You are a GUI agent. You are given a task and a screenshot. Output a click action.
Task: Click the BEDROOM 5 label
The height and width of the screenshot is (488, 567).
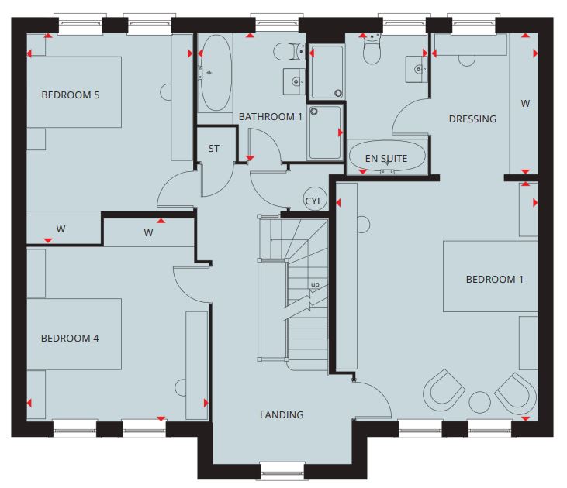tap(71, 95)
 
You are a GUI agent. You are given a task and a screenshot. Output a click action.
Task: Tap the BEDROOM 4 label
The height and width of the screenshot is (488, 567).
tap(70, 338)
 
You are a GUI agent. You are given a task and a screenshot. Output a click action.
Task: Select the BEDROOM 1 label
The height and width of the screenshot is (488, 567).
tap(494, 279)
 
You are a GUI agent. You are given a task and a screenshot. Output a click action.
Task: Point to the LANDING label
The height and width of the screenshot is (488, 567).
tap(282, 414)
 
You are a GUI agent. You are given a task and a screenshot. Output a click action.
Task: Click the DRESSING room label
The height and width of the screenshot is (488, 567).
tap(472, 119)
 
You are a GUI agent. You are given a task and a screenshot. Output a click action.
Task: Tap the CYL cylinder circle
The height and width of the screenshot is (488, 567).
tap(315, 199)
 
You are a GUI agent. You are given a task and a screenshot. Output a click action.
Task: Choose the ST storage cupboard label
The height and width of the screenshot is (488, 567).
tap(214, 149)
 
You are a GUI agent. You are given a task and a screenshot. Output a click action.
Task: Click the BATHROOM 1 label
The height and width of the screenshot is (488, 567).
tap(270, 117)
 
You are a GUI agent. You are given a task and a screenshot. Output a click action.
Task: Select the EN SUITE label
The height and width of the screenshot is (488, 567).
tap(386, 158)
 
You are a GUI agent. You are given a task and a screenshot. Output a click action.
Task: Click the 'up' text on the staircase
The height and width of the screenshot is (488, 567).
tap(315, 284)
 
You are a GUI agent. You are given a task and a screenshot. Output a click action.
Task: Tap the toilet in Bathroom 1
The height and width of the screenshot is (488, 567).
tap(289, 52)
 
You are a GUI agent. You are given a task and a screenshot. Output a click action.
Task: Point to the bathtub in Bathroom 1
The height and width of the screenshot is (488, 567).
tap(216, 73)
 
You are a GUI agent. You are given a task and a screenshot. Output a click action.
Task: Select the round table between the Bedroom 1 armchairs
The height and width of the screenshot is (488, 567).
tap(480, 402)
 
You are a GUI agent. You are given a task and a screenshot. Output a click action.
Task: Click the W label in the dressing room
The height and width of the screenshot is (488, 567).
tap(525, 104)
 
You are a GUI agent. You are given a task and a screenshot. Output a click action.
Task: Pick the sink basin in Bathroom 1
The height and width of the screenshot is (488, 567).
tap(294, 81)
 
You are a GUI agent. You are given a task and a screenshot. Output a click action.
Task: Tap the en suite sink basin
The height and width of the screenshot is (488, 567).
tap(417, 70)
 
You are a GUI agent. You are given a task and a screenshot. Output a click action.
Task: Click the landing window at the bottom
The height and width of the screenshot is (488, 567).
tap(282, 473)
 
